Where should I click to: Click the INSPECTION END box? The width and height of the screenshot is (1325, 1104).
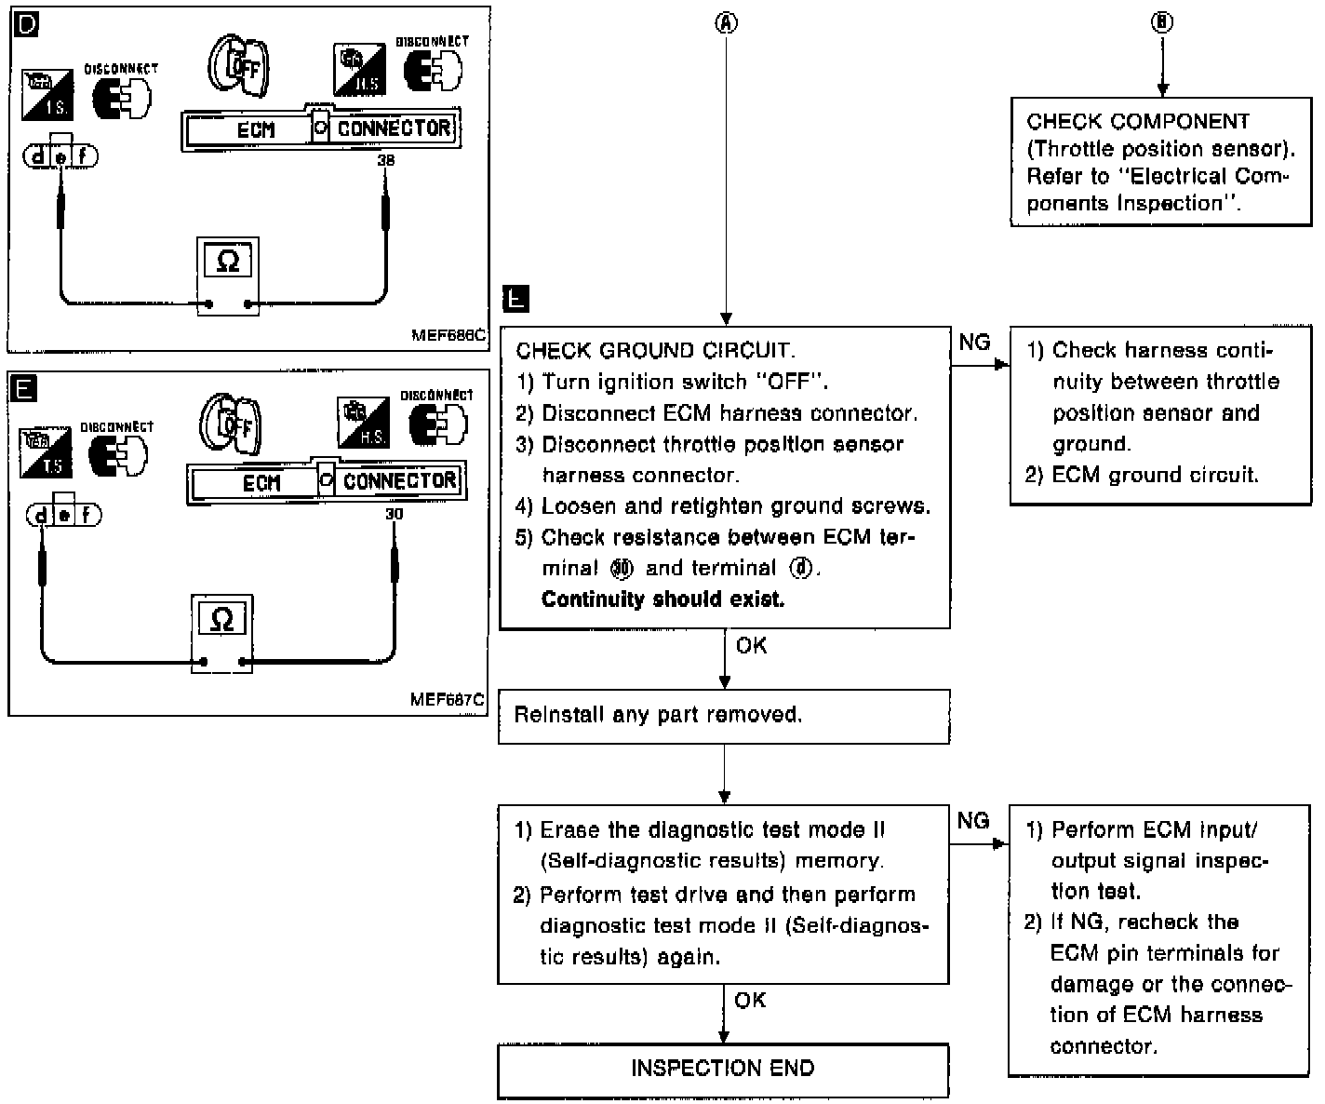723,1069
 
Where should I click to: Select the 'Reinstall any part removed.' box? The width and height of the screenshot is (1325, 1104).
723,716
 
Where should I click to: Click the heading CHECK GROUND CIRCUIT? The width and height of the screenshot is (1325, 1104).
655,351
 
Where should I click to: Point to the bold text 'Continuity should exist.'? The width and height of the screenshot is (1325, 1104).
662,599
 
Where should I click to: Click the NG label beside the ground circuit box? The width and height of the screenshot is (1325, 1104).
974,343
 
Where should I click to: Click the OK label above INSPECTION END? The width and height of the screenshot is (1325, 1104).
750,1000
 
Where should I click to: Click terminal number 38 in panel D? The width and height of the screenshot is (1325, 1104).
386,161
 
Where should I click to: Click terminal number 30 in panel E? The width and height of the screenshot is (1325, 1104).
395,514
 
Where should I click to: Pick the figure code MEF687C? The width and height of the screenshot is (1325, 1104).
448,699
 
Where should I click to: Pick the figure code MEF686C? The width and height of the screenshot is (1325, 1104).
448,336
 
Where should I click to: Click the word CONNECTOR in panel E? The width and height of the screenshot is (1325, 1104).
399,481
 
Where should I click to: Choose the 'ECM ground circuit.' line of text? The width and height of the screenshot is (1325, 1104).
1154,475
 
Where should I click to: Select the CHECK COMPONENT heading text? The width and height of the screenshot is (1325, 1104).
1138,121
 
